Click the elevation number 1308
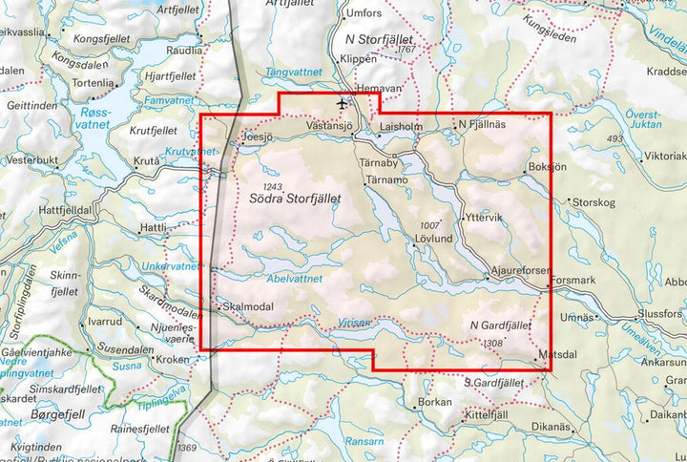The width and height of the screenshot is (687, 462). (493, 343)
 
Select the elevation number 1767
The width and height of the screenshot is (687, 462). (409, 48)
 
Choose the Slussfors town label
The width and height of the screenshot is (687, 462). (661, 312)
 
